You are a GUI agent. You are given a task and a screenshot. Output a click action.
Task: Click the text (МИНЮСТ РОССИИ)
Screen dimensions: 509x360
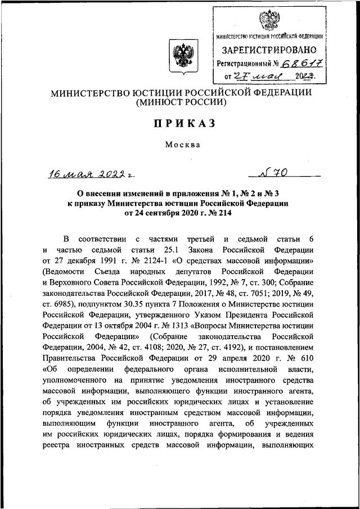[x=180, y=103]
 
